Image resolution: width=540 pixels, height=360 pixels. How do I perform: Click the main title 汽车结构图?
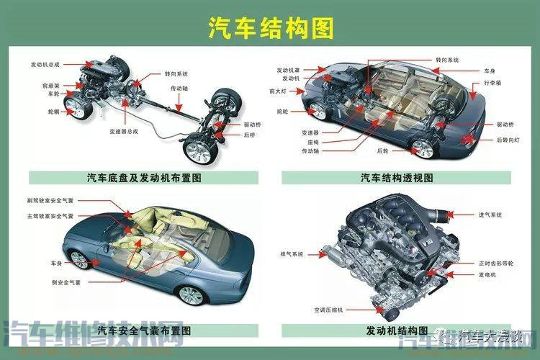coord(270,27)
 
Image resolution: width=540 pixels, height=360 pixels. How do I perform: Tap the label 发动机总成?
coord(46,64)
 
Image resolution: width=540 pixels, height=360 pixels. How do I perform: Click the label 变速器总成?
coord(123,132)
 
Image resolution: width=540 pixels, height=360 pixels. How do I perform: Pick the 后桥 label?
coord(251,135)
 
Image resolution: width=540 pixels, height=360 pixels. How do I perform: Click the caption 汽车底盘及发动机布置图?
coord(143,177)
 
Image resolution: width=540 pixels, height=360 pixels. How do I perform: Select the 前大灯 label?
coord(279,91)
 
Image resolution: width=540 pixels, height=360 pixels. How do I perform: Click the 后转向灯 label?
coord(508,139)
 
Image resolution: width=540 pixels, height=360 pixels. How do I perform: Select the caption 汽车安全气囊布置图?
coord(143,331)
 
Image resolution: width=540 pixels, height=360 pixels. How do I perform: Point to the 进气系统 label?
coord(490,215)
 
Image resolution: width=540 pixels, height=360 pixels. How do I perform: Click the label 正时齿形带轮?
coord(495,264)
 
